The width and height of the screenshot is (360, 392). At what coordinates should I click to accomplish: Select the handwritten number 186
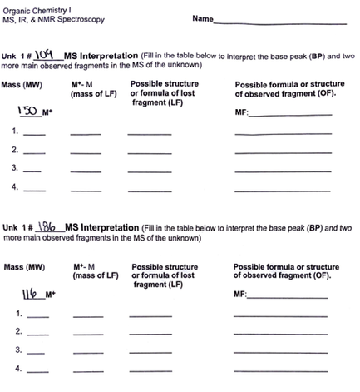click(43, 226)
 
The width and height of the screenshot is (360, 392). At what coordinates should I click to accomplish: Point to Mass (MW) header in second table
click(25, 267)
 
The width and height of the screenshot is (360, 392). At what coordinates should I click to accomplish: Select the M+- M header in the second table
click(86, 267)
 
